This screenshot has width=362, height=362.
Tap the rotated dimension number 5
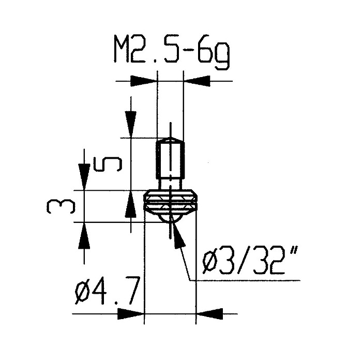click(108, 164)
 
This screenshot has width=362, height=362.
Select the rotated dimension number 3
click(61, 207)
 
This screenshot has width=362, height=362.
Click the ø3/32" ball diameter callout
click(250, 261)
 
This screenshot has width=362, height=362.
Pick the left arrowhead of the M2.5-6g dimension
click(144, 81)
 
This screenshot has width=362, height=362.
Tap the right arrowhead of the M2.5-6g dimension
click(197, 81)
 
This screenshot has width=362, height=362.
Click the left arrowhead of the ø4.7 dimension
click(131, 314)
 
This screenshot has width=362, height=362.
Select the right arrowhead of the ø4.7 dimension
click(209, 314)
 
